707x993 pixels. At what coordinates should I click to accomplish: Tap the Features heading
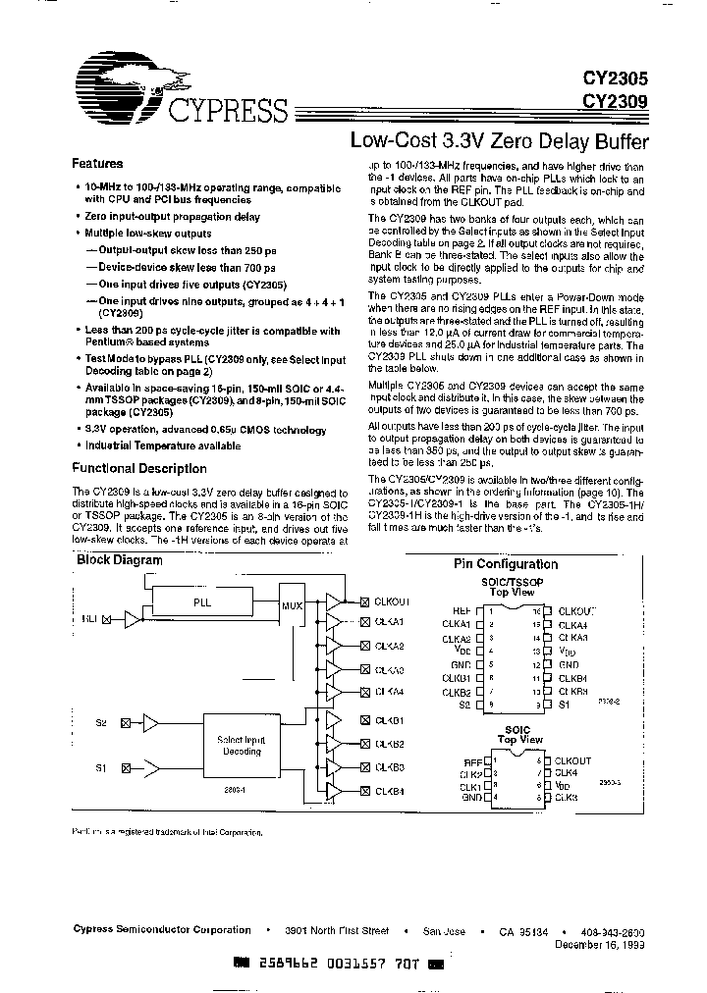click(x=97, y=164)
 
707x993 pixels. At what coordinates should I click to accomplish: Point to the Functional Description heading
click(x=141, y=469)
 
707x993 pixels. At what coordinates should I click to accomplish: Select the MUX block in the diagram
click(x=293, y=606)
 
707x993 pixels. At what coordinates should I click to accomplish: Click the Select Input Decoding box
click(x=240, y=746)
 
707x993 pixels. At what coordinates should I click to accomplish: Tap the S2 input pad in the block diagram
click(x=125, y=724)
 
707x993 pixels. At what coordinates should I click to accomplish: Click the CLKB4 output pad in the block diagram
click(x=364, y=791)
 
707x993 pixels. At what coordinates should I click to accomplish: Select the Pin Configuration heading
click(x=505, y=564)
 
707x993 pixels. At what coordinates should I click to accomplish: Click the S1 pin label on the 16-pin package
click(x=566, y=705)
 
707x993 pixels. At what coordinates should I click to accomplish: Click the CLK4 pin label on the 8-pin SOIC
click(x=569, y=772)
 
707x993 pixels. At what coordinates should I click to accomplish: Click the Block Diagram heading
click(x=121, y=560)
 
